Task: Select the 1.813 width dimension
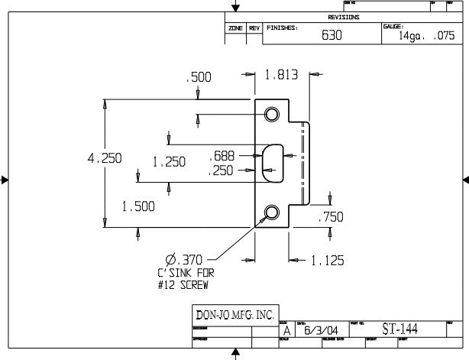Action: [x=280, y=76]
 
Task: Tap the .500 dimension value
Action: [x=199, y=77]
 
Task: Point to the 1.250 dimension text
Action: [x=169, y=162]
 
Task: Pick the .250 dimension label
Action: [x=222, y=172]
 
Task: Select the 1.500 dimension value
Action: [x=137, y=206]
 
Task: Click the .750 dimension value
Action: [x=331, y=217]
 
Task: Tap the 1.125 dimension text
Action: [x=326, y=261]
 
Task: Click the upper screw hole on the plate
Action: [x=271, y=115]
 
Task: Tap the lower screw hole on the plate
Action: [x=271, y=212]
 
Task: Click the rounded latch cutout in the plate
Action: [x=270, y=162]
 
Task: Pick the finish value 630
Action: [x=331, y=35]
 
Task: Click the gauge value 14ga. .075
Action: [x=425, y=36]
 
